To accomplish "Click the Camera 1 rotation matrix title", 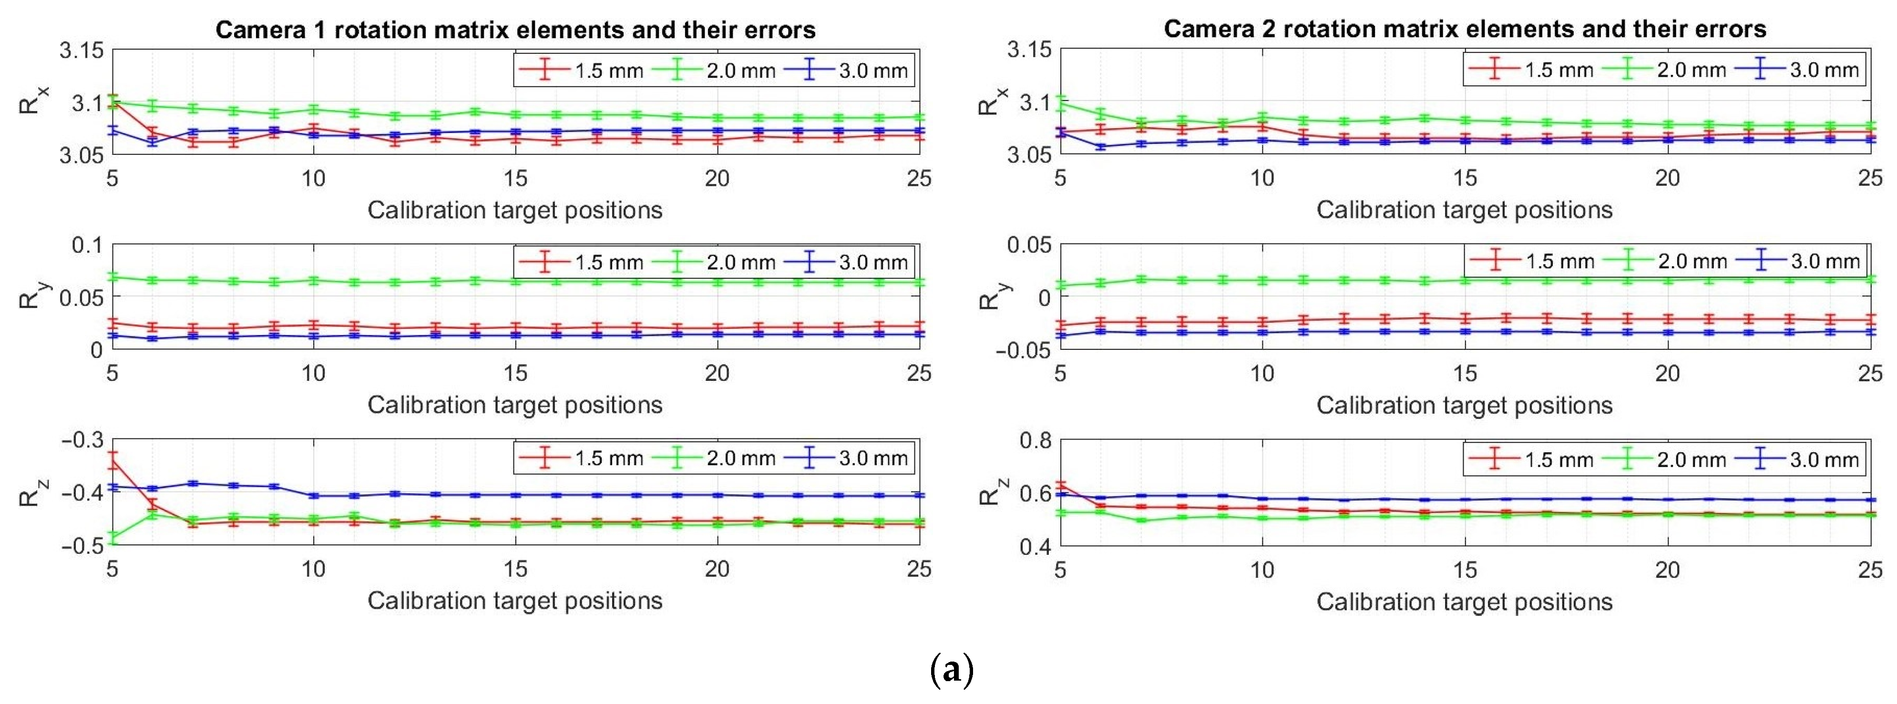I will pos(515,30).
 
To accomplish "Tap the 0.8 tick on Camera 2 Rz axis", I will pos(1036,441).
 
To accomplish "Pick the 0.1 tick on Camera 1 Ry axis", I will pos(87,245).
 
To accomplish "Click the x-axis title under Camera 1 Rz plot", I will pos(515,601).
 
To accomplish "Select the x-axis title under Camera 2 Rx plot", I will pos(1464,210).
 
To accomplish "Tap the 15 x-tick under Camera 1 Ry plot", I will pos(515,373).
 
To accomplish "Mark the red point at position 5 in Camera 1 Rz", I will pos(113,462).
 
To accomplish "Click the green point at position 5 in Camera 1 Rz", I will pos(113,538).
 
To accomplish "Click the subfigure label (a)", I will pos(952,670).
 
